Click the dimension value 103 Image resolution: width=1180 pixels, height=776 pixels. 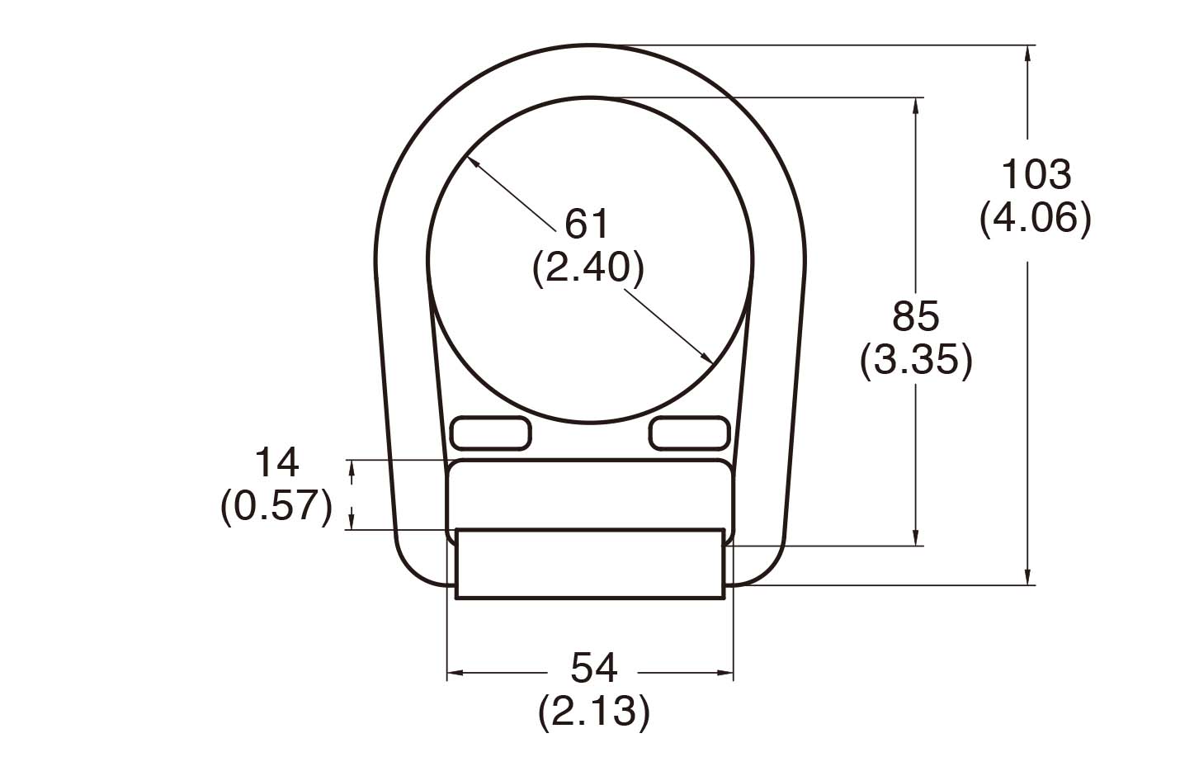click(1035, 175)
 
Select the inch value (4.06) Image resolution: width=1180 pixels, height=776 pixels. click(1035, 219)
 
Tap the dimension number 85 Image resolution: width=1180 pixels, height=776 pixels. click(916, 316)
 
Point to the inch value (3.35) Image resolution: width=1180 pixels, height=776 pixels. click(916, 361)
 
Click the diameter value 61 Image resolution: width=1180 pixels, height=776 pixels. click(587, 224)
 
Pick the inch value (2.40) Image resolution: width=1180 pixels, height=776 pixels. click(587, 267)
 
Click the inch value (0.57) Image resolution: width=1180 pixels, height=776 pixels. click(276, 506)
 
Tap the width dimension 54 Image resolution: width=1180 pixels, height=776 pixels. click(593, 668)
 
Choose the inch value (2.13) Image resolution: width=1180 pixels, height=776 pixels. click(593, 712)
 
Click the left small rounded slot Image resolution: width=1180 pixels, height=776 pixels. click(491, 433)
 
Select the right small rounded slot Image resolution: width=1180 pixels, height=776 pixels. click(689, 433)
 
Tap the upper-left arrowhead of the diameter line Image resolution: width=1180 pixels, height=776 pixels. click(472, 163)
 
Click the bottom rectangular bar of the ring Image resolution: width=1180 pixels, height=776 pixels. click(590, 564)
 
